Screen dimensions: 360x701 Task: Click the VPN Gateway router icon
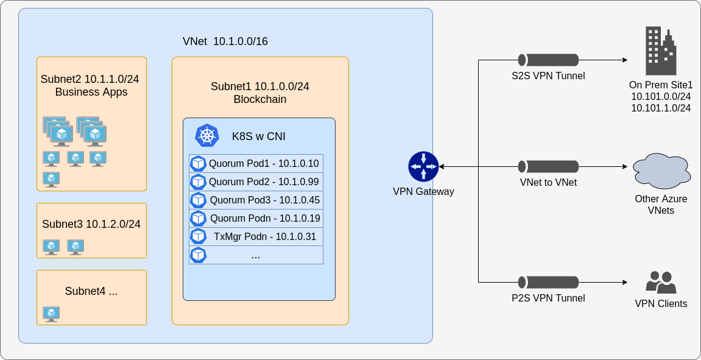(423, 166)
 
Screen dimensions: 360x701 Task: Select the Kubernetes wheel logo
(207, 135)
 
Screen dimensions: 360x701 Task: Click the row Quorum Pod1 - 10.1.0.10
(256, 164)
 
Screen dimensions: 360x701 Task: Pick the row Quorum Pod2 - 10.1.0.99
(256, 182)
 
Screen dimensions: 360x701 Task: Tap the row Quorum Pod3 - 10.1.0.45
(256, 200)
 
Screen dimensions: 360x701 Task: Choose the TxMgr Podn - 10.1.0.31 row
(256, 237)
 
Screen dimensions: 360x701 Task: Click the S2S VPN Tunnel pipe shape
(548, 60)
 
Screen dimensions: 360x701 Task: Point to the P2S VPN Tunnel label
(548, 298)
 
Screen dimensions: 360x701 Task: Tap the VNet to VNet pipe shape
(548, 166)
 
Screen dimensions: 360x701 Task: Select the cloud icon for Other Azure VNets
(661, 171)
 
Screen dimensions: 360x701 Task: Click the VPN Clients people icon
(661, 283)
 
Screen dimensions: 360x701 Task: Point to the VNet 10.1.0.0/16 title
(225, 41)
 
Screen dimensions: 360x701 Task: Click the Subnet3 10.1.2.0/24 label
(91, 224)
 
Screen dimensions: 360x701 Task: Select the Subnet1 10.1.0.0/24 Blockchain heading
(260, 93)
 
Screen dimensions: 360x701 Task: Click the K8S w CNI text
(258, 136)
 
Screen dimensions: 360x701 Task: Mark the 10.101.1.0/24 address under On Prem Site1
(661, 108)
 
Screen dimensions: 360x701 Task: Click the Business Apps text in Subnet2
(91, 92)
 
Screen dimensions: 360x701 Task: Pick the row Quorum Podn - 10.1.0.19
(256, 219)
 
